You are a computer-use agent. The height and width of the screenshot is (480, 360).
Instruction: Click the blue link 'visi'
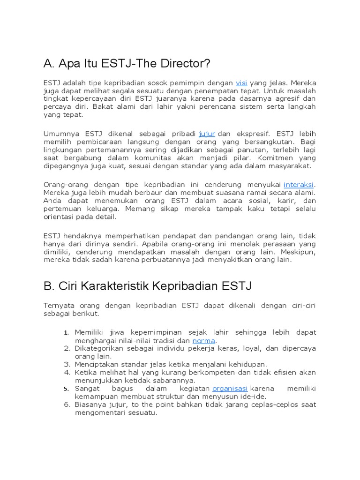241,82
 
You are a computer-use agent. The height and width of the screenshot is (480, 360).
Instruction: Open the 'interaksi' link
299,184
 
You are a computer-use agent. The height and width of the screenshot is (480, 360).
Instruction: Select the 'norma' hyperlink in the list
204,341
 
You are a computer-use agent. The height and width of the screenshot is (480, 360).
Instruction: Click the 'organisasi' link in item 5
230,388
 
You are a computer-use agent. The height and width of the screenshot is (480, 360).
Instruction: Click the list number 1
67,333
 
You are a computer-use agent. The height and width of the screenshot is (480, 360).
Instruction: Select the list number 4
67,372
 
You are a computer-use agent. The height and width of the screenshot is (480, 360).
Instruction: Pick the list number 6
67,404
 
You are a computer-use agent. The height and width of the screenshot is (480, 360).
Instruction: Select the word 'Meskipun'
300,251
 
